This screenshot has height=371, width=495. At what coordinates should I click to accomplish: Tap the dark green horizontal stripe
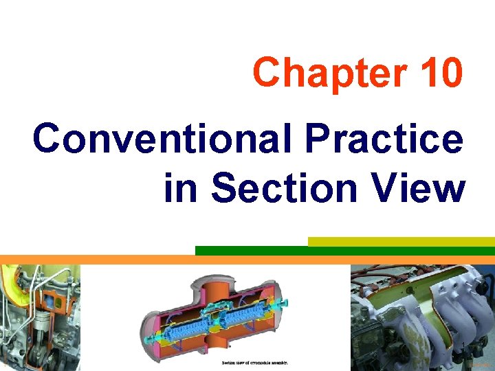click(344, 251)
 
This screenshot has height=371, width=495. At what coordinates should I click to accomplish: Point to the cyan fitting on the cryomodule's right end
click(283, 303)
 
